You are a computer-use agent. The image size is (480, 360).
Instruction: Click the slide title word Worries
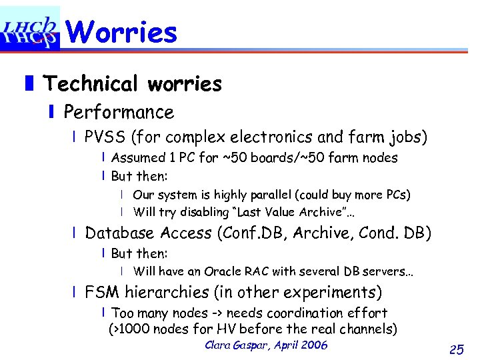pyautogui.click(x=122, y=32)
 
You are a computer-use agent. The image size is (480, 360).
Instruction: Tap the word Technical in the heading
pyautogui.click(x=92, y=84)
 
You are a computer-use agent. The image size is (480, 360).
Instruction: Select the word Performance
pyautogui.click(x=119, y=112)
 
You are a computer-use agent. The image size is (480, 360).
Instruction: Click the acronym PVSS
pyautogui.click(x=105, y=137)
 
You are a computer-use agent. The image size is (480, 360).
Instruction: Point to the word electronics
pyautogui.click(x=272, y=137)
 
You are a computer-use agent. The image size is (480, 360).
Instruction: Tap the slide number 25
pyautogui.click(x=457, y=349)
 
